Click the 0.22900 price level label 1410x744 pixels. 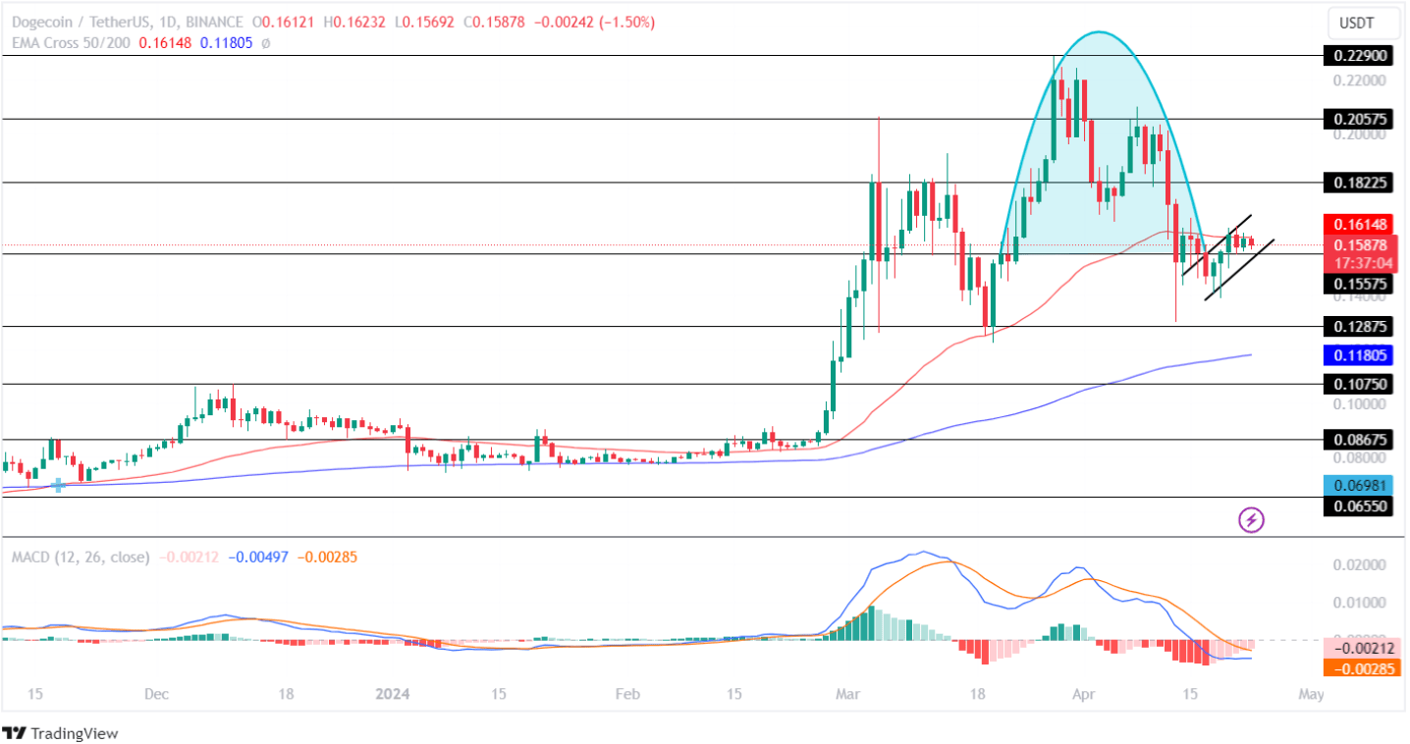click(1359, 56)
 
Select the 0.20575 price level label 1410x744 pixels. click(1359, 119)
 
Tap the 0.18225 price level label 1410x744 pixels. click(1359, 183)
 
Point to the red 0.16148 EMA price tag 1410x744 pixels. click(1359, 224)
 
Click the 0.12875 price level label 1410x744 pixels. click(1359, 326)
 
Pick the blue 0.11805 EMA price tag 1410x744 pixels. click(1359, 355)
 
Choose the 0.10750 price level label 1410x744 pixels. click(1359, 385)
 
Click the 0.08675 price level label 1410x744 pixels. click(1359, 440)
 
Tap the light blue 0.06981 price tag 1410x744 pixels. click(1359, 484)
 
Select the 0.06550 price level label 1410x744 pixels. click(1359, 506)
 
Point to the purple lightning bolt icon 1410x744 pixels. click(1251, 519)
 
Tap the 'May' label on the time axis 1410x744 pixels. click(1311, 694)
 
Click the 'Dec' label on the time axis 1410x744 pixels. click(156, 694)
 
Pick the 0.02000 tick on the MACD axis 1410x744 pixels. click(1358, 565)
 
